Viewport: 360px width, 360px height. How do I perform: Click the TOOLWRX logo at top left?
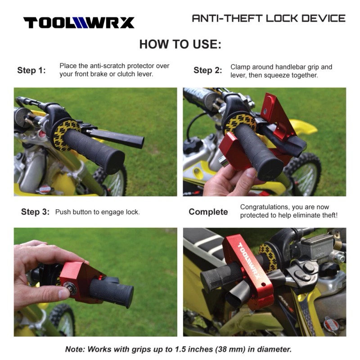(79, 22)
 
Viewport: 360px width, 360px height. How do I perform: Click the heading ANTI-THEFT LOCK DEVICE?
(269, 18)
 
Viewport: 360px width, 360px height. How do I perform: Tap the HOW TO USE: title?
(180, 45)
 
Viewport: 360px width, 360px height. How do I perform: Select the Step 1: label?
(31, 70)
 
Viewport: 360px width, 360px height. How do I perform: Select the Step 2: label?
(207, 70)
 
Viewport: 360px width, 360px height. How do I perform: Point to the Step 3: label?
(35, 212)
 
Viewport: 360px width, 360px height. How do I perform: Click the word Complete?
(208, 212)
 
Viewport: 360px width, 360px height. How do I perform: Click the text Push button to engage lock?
(97, 212)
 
